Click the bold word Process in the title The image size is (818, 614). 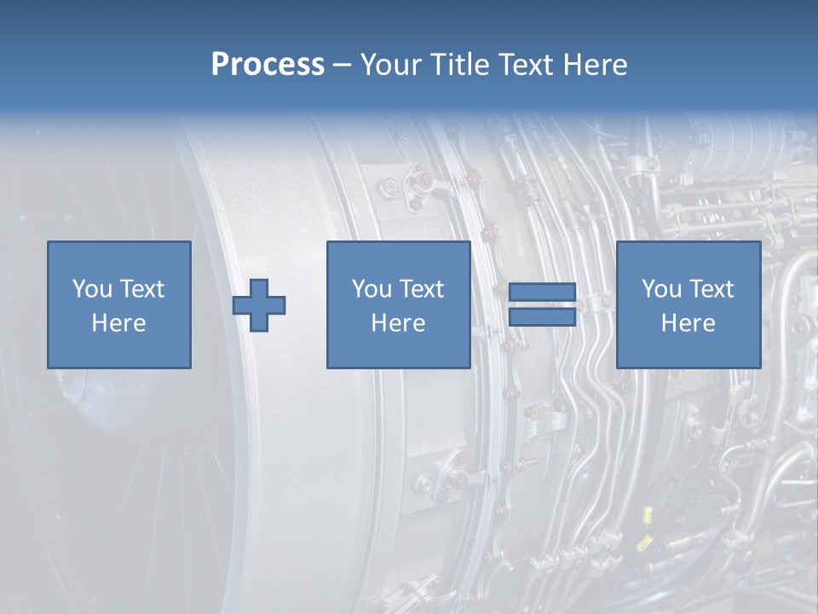click(x=268, y=65)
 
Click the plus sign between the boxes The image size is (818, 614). click(x=259, y=305)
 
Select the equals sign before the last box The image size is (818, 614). click(x=542, y=304)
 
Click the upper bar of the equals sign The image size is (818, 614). click(x=542, y=293)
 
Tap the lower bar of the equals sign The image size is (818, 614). click(x=542, y=316)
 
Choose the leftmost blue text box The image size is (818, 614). click(x=119, y=304)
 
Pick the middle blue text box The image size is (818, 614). click(x=398, y=304)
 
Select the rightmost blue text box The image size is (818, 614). click(x=688, y=304)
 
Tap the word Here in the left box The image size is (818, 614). click(x=119, y=323)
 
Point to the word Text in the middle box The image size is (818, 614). click(x=422, y=289)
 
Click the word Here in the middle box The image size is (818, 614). click(x=398, y=323)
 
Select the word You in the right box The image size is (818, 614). click(x=662, y=289)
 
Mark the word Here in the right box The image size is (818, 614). click(x=688, y=323)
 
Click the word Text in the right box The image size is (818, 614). click(x=711, y=289)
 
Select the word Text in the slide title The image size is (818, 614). click(x=527, y=65)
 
